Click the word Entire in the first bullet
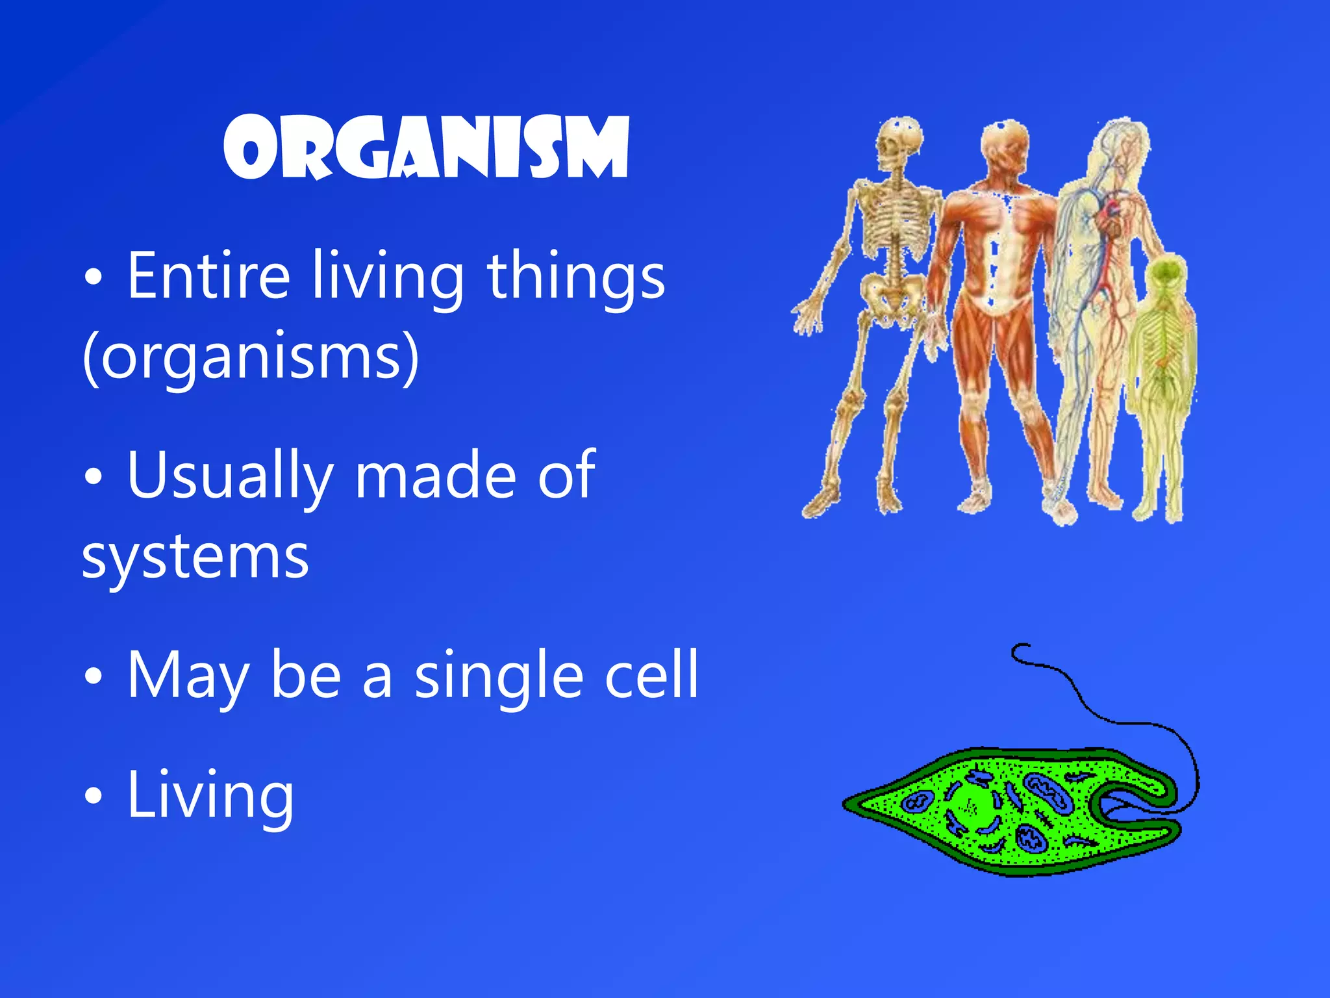click(x=208, y=276)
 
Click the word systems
click(x=195, y=557)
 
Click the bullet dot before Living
click(x=94, y=795)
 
